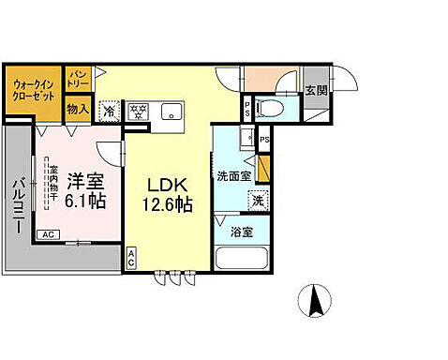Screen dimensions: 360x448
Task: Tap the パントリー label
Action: point(78,77)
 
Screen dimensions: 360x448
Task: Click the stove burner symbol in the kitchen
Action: point(139,112)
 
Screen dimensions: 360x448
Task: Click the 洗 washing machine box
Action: point(256,200)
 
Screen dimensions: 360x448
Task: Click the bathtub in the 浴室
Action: point(242,259)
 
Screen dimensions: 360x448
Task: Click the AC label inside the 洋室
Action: point(46,233)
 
